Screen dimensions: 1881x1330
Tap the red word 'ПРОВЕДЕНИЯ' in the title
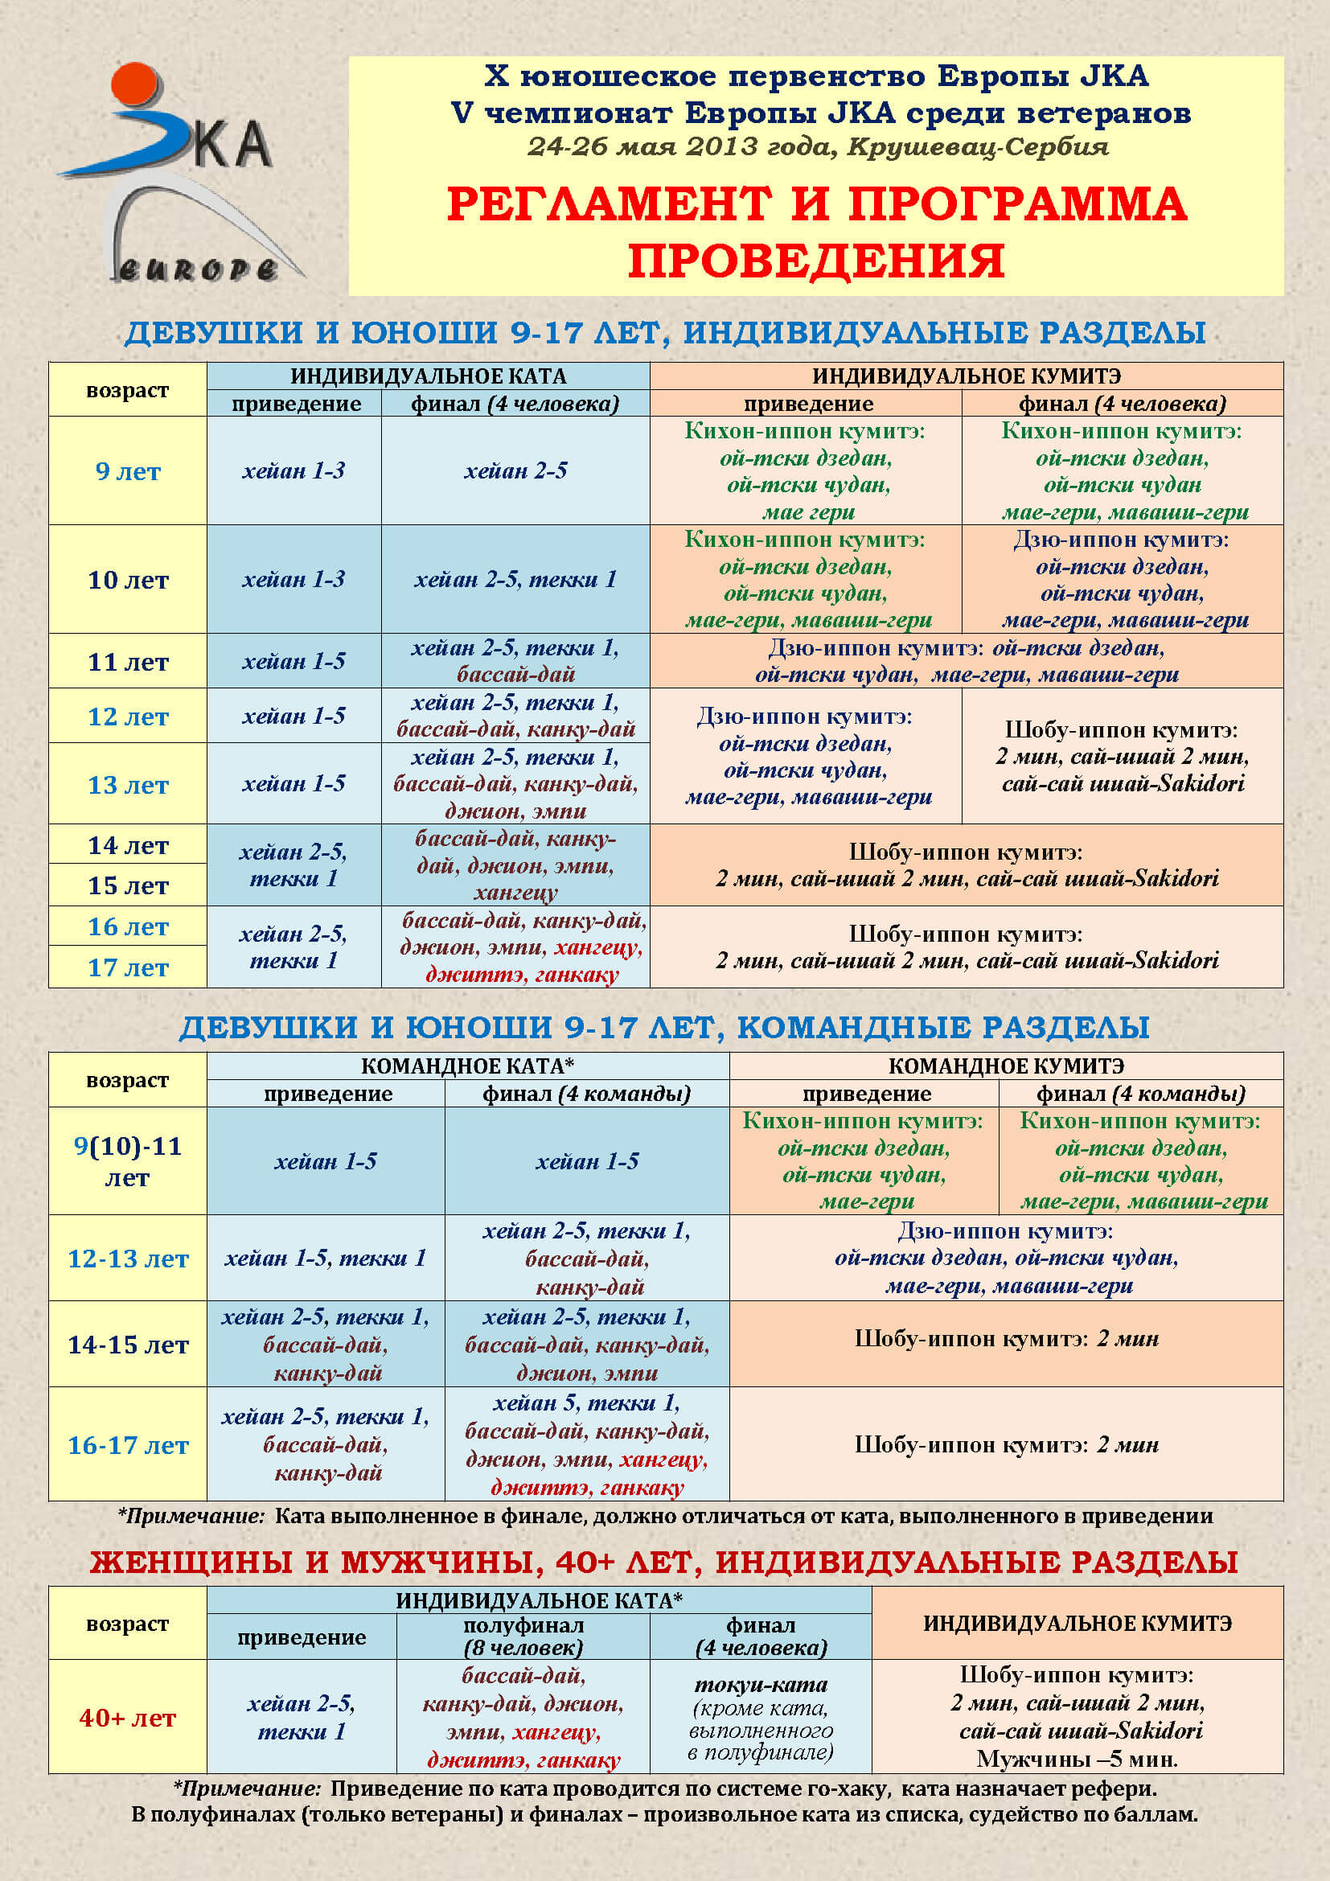click(815, 261)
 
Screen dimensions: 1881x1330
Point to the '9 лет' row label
click(128, 471)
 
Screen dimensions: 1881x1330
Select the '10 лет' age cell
click(128, 580)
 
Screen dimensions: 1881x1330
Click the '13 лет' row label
click(128, 785)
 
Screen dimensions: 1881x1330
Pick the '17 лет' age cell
click(128, 967)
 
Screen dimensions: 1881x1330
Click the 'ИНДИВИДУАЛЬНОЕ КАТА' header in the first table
click(429, 376)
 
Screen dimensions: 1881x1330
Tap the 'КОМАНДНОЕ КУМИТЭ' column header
click(1006, 1066)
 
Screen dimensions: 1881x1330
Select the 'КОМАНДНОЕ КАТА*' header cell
click(468, 1066)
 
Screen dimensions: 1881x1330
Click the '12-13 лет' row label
click(128, 1259)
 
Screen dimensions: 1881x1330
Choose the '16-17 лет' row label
click(128, 1445)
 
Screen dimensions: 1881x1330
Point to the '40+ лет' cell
click(128, 1718)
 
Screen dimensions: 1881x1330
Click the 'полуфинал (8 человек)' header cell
click(523, 1637)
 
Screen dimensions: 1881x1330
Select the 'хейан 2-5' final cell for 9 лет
click(515, 471)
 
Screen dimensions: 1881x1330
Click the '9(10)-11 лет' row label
click(128, 1161)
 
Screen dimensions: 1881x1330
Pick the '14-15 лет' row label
click(128, 1345)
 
